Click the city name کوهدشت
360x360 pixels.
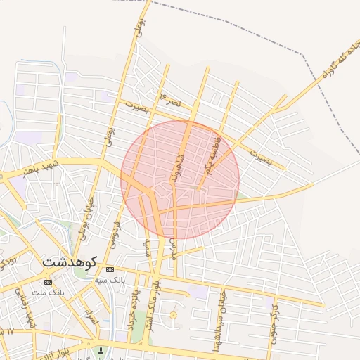point(70,260)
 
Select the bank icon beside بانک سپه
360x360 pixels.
point(110,269)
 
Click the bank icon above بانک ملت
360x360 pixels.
point(47,282)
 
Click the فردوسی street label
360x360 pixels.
point(115,233)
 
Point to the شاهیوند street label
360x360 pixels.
point(179,169)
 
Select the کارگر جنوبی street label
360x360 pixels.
point(274,320)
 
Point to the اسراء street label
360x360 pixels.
point(90,316)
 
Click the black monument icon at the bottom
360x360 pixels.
point(101,350)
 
